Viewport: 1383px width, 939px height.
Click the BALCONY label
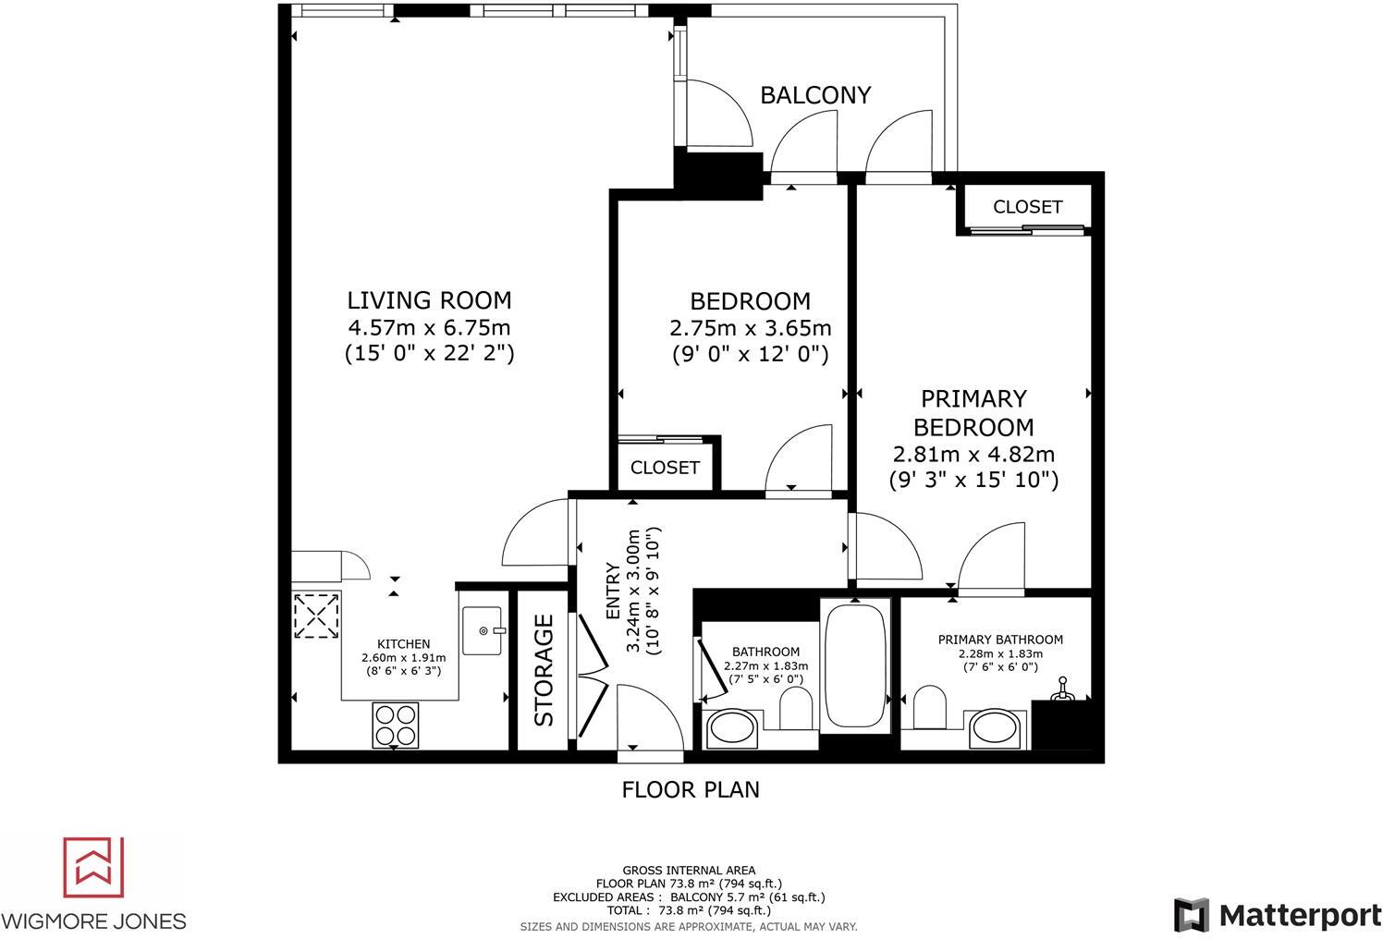814,95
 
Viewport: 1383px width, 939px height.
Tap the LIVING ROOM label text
429,300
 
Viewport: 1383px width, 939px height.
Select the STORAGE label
544,670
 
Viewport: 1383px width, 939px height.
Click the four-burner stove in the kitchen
395,725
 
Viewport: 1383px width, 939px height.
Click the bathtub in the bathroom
855,665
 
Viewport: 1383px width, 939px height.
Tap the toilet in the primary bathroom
930,711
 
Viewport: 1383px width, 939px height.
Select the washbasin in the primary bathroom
997,728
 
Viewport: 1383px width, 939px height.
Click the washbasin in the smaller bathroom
732,728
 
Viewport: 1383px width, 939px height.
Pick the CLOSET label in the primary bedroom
1027,207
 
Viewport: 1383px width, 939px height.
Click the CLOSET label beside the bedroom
665,468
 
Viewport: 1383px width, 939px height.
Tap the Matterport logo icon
1192,914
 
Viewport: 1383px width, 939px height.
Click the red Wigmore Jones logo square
92,867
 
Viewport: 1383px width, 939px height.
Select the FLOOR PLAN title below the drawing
691,789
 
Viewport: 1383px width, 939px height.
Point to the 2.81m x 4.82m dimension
973,455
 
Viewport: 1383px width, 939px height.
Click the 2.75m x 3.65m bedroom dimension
750,328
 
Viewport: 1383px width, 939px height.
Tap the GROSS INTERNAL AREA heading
689,870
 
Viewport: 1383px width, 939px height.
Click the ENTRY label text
613,591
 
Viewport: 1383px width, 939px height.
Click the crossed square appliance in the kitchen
316,616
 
